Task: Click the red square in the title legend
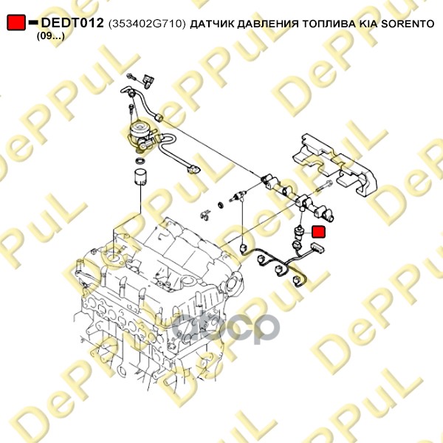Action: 16,23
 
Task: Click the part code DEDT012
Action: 72,23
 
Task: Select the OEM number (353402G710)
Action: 147,24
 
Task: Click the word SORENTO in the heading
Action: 408,24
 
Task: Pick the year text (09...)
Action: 51,36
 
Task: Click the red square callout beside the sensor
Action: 318,233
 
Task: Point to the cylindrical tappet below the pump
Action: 141,177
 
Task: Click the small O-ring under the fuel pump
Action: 140,161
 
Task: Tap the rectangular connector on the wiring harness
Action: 317,247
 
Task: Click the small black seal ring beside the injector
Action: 221,204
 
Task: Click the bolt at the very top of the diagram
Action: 132,77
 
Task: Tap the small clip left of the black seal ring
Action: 205,215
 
